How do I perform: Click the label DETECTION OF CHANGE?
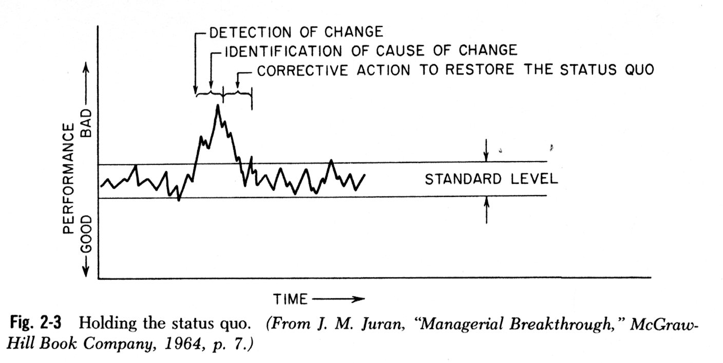pyautogui.click(x=296, y=32)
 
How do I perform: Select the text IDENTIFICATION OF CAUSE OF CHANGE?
pyautogui.click(x=370, y=50)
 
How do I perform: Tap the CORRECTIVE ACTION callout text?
pyautogui.click(x=455, y=70)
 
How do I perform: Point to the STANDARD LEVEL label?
pyautogui.click(x=491, y=179)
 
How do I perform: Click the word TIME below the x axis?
pyautogui.click(x=291, y=299)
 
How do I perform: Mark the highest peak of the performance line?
pyautogui.click(x=218, y=105)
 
